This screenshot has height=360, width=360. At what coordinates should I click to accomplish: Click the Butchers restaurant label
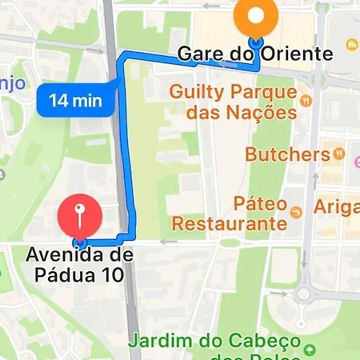click(288, 153)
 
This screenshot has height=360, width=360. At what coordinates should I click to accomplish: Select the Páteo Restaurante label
click(230, 212)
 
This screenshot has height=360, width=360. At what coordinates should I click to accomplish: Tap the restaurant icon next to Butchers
click(339, 152)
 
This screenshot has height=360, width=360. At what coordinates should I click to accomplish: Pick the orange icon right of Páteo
click(298, 212)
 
